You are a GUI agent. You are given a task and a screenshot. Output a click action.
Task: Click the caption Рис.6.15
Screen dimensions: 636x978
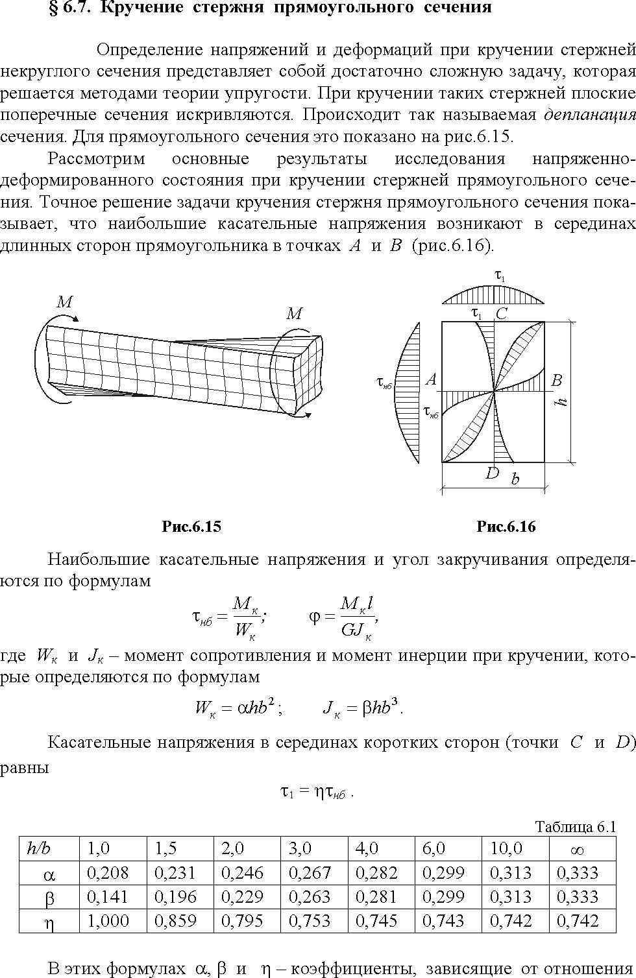(x=191, y=527)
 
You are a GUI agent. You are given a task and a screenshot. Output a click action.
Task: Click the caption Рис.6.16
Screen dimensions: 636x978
(x=506, y=527)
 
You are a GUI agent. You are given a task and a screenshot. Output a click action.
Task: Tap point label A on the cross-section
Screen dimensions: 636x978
(x=431, y=379)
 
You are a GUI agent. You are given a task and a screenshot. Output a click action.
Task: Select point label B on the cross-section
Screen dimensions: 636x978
(x=556, y=380)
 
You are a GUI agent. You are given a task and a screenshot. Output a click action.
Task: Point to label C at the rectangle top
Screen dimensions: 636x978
(x=502, y=313)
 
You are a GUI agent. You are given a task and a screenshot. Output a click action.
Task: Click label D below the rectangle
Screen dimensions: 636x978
(x=493, y=473)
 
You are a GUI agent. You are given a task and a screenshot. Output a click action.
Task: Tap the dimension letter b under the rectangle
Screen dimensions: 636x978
(x=515, y=479)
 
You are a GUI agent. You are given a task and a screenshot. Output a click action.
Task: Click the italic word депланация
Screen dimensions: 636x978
(x=590, y=115)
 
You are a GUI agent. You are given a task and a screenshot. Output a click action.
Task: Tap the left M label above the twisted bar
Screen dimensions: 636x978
(x=64, y=302)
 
